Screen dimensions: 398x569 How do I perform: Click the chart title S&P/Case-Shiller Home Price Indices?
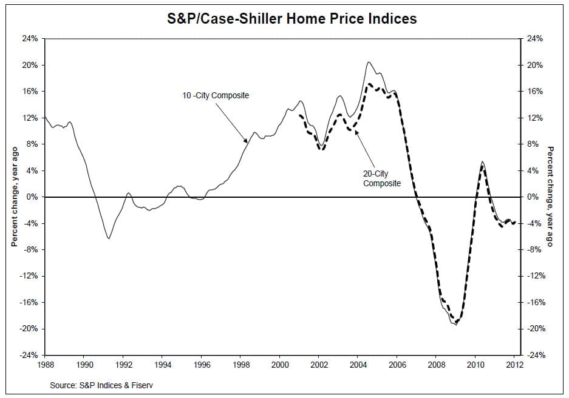(291, 19)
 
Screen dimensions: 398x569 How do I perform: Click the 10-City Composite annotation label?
(216, 96)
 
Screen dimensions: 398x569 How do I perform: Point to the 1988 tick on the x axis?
(46, 365)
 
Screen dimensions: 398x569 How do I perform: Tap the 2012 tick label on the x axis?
(514, 365)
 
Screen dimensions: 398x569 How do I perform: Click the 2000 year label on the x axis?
(280, 365)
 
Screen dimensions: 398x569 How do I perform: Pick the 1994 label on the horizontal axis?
(163, 365)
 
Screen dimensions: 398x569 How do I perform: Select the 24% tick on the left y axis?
(30, 39)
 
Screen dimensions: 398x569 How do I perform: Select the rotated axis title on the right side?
(550, 197)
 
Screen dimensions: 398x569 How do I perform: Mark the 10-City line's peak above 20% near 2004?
(368, 62)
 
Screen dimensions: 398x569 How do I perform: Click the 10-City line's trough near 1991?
(109, 238)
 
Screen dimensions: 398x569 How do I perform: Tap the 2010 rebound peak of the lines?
(482, 162)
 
